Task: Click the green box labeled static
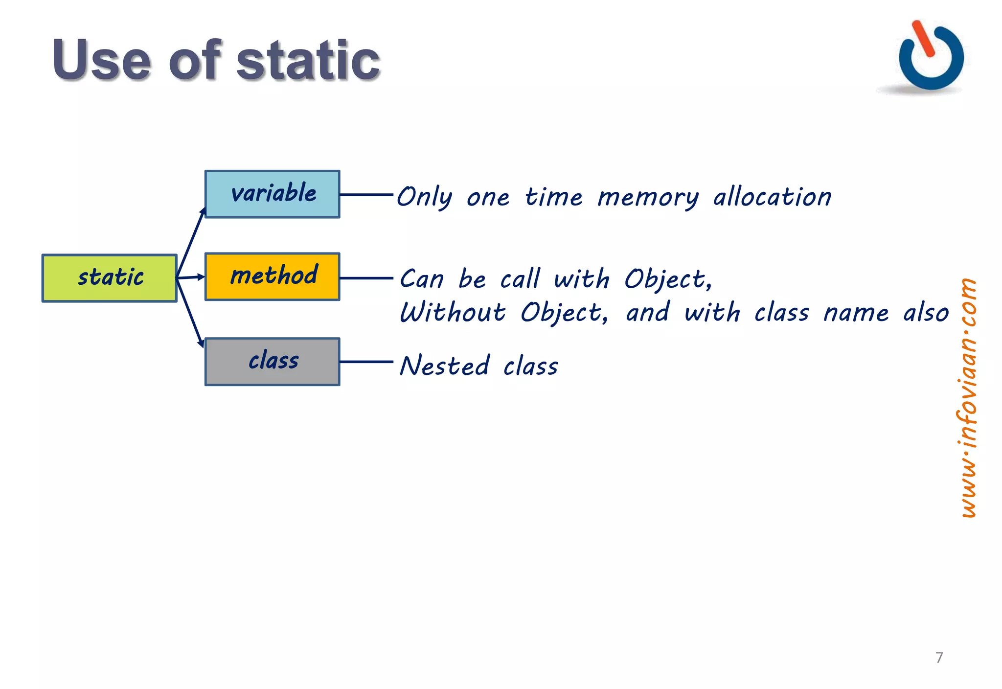click(109, 278)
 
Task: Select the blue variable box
click(272, 194)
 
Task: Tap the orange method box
click(272, 276)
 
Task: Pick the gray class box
click(272, 362)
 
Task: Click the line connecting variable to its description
click(366, 194)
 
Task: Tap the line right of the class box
click(366, 362)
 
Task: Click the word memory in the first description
click(648, 198)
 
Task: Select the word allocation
click(772, 197)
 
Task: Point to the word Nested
click(444, 366)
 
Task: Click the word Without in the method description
click(453, 312)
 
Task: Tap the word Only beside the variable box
click(424, 198)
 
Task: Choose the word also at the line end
click(926, 312)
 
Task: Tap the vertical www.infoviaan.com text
click(967, 397)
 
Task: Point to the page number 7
click(939, 657)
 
